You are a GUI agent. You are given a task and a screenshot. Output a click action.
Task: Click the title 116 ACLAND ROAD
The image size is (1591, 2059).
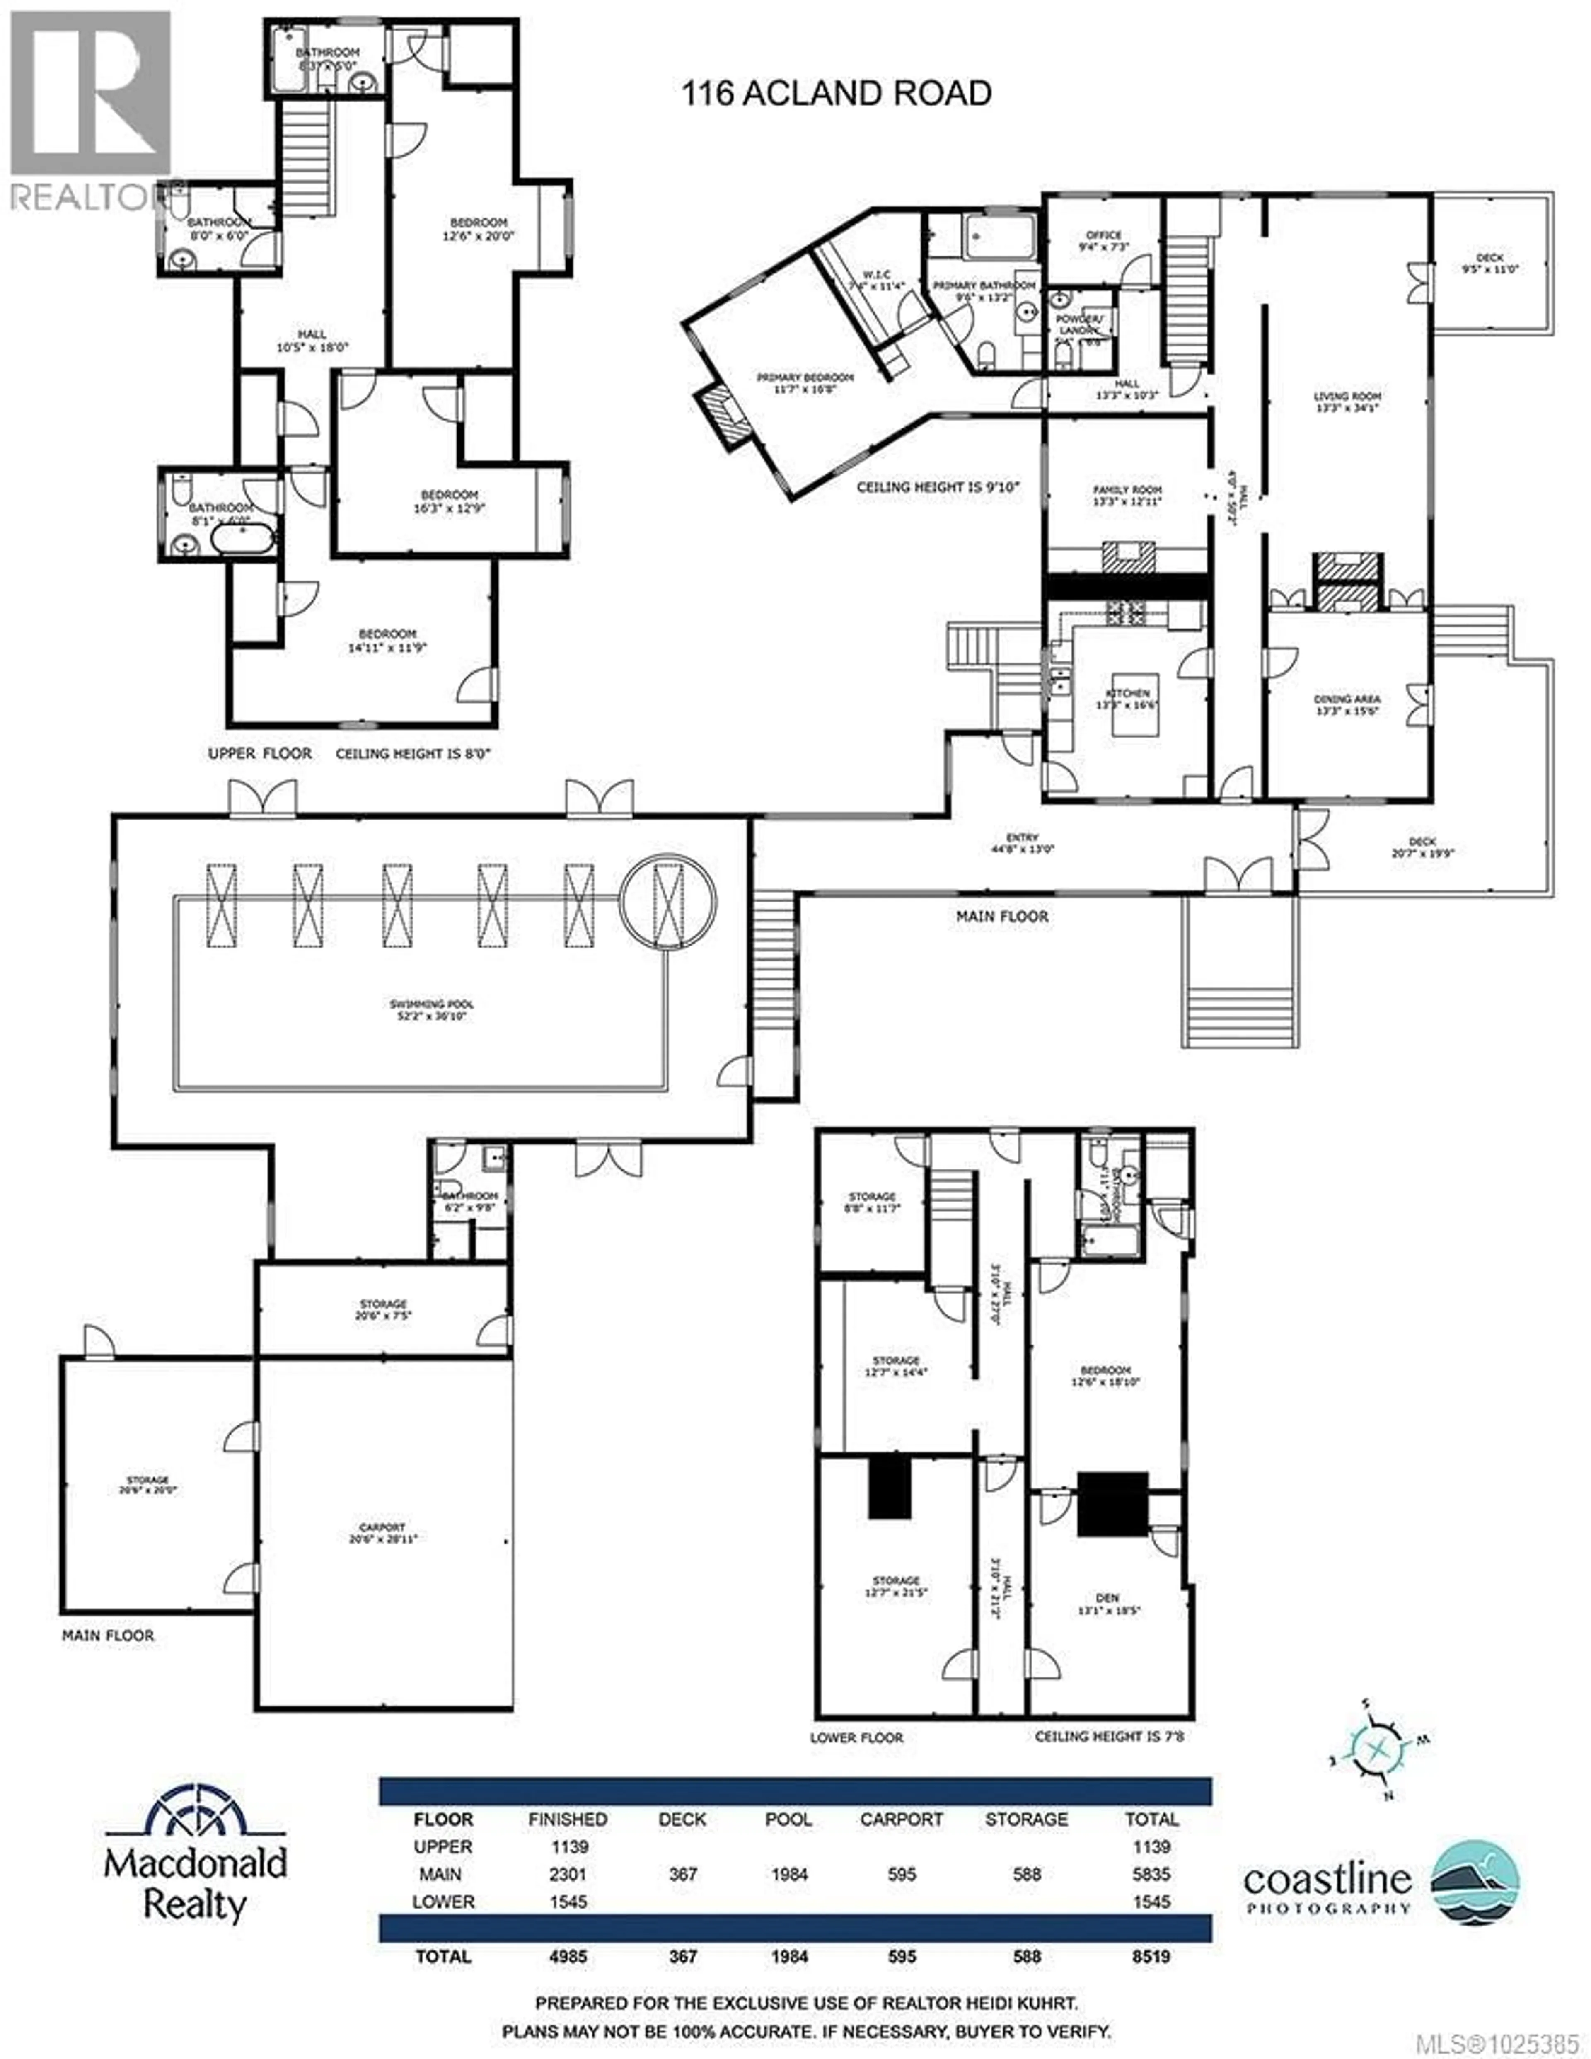(836, 93)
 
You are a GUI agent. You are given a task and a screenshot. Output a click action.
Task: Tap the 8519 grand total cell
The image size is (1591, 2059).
(1151, 1956)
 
